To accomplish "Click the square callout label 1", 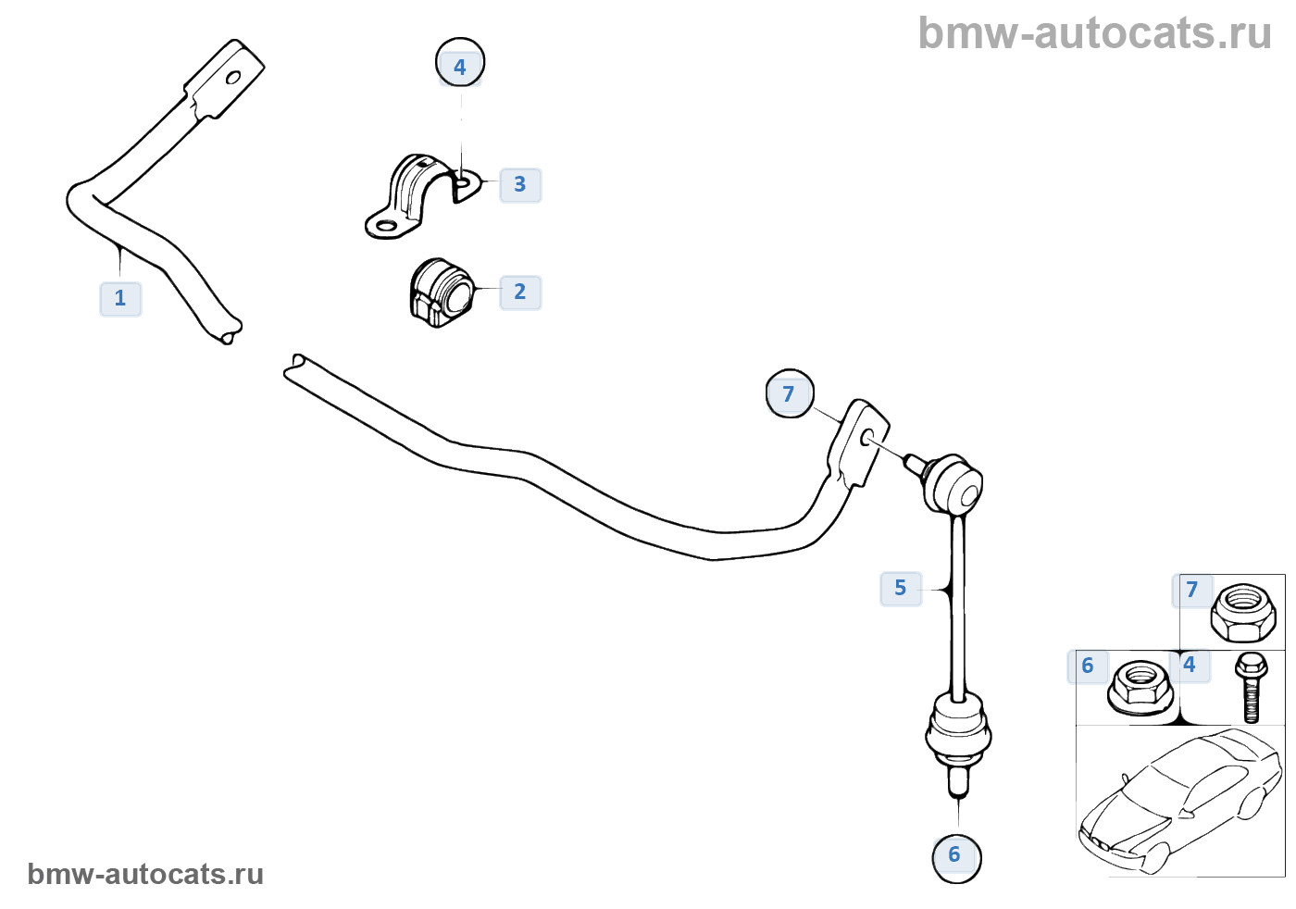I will pyautogui.click(x=120, y=299).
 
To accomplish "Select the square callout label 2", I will pyautogui.click(x=520, y=293).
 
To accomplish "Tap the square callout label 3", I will pyautogui.click(x=520, y=185).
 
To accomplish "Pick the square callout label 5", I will pyautogui.click(x=901, y=589).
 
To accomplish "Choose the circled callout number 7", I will pyautogui.click(x=790, y=394).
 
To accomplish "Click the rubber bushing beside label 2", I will pyautogui.click(x=441, y=292).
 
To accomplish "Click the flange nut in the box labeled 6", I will pyautogui.click(x=1140, y=688).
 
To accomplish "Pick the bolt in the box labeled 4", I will pyautogui.click(x=1251, y=686).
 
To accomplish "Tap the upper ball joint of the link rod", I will pyautogui.click(x=953, y=481).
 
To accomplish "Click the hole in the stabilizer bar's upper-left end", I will pyautogui.click(x=233, y=77).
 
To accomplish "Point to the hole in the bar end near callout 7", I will pyautogui.click(x=867, y=437).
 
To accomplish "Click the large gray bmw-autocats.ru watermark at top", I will pyautogui.click(x=1094, y=34).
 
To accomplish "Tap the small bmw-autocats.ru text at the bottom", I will pyautogui.click(x=145, y=875).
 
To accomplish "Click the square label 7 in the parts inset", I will pyautogui.click(x=1192, y=590).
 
